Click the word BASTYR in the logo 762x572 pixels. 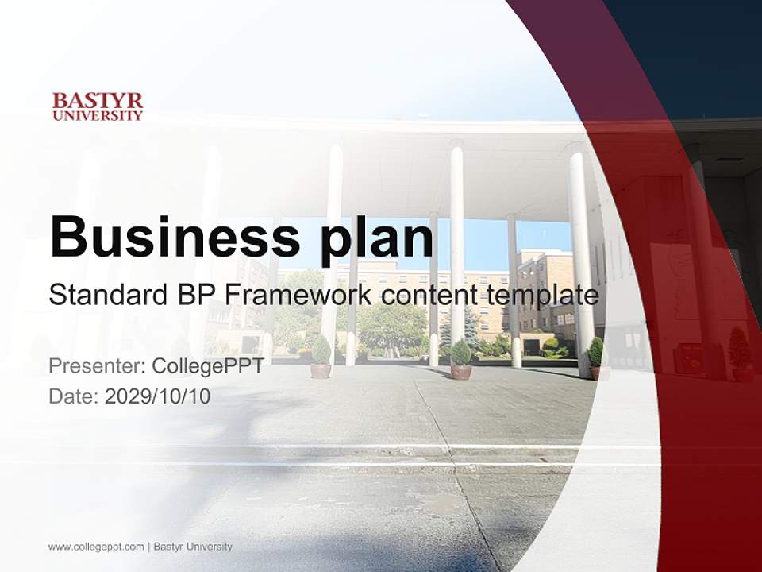[x=98, y=101]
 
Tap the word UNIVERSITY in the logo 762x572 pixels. [x=98, y=115]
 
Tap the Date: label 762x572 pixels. [x=74, y=396]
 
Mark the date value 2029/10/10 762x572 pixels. [x=158, y=396]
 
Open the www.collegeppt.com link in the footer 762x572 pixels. [x=96, y=547]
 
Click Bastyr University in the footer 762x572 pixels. [x=193, y=547]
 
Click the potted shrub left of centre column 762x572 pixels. [x=321, y=357]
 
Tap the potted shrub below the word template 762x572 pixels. [x=595, y=358]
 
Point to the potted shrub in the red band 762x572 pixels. [x=739, y=354]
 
